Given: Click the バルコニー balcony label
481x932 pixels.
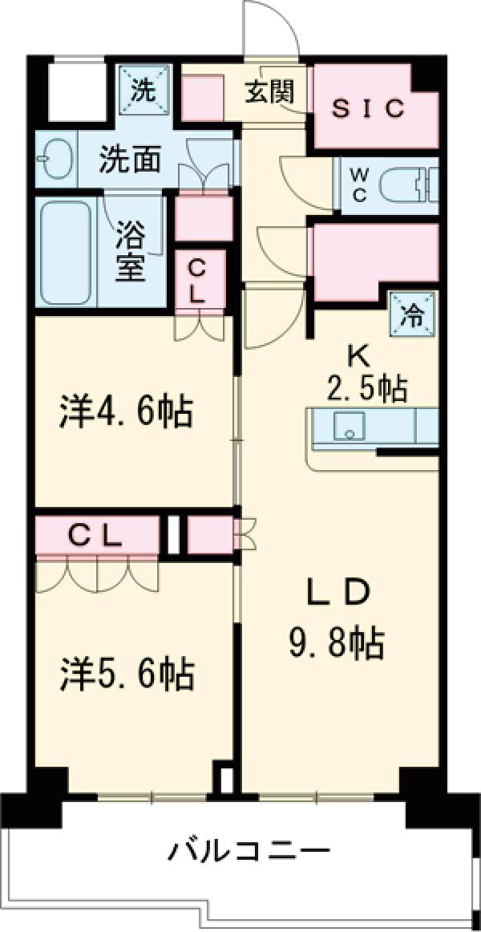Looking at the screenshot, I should tap(249, 849).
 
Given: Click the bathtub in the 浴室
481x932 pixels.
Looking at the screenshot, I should tap(66, 252).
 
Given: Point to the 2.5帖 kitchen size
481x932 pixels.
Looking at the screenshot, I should tap(367, 387).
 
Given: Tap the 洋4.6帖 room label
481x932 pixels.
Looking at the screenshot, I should tap(126, 412).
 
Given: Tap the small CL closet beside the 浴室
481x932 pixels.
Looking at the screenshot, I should tap(197, 278).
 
